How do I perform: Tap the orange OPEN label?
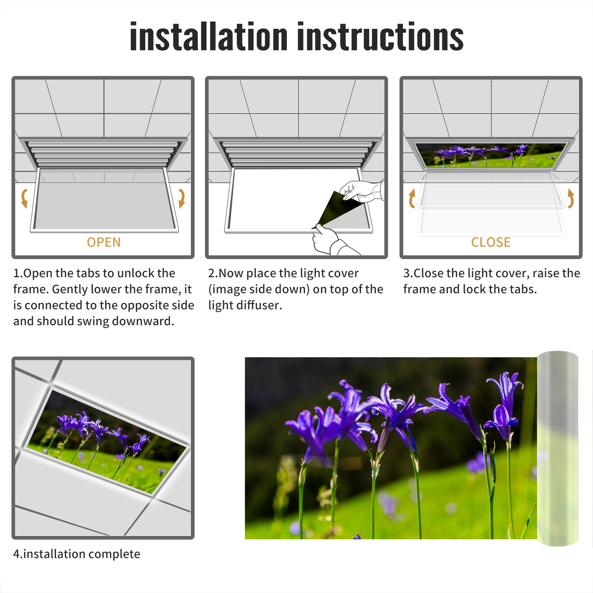click(104, 242)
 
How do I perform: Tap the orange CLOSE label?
click(491, 242)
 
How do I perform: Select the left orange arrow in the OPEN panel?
click(24, 198)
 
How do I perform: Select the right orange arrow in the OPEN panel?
click(182, 198)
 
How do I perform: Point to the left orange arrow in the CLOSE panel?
click(411, 198)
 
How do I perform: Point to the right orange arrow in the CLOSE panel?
click(571, 198)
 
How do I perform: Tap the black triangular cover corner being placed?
click(337, 209)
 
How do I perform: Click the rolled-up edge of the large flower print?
click(557, 448)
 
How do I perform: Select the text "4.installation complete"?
click(77, 554)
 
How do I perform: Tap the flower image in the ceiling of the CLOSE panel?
click(491, 155)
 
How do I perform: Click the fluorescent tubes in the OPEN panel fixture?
click(103, 153)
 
